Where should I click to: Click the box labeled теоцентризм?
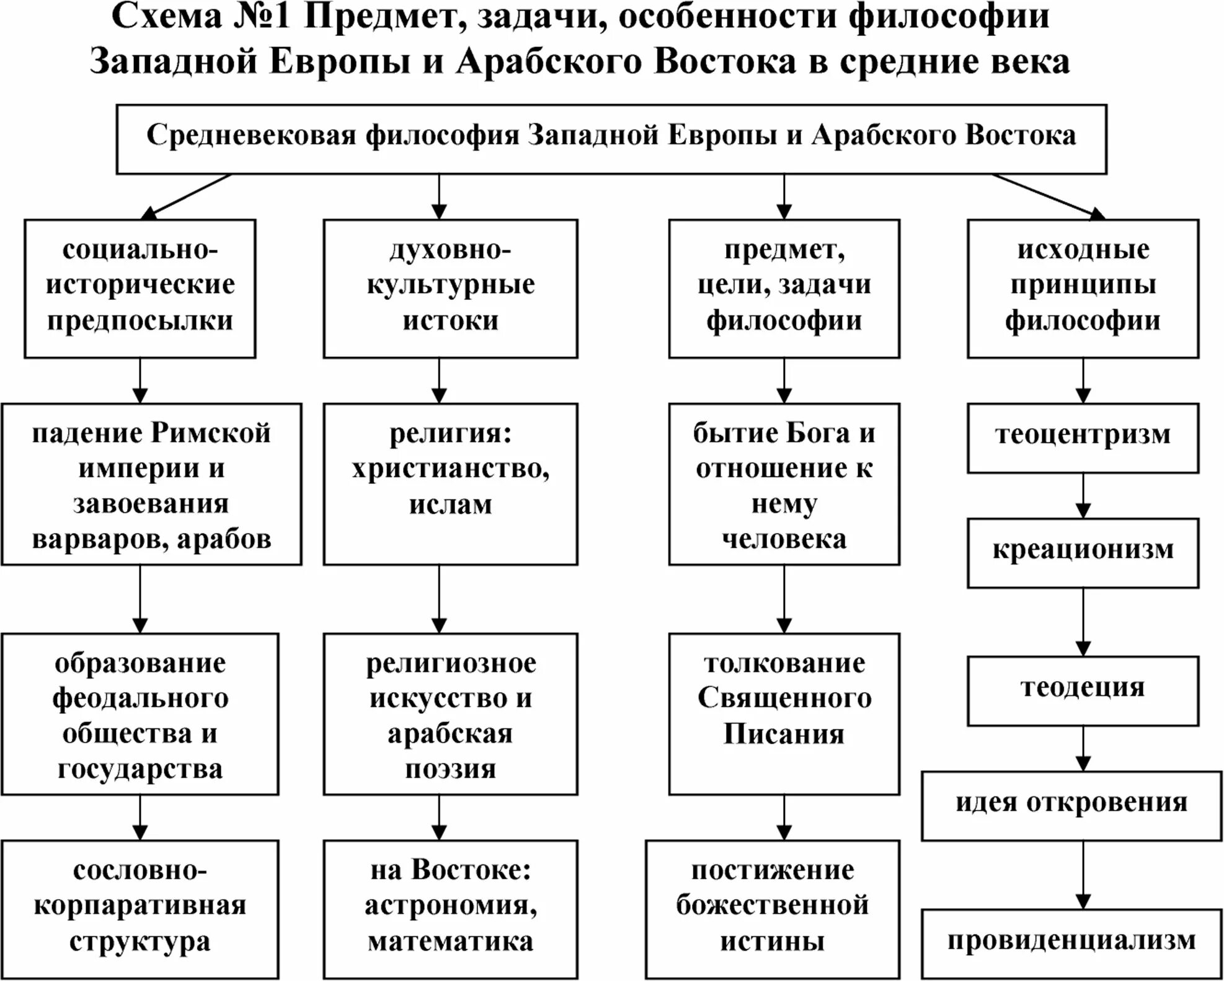coord(1083,438)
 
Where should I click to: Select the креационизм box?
coord(1083,552)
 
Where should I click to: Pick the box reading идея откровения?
coord(1071,805)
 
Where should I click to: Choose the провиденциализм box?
coord(1071,943)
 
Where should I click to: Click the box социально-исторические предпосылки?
coord(140,288)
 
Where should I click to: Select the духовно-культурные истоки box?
coord(450,288)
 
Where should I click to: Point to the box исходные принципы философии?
coord(1083,288)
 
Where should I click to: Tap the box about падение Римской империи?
coord(151,484)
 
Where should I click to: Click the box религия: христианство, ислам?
coord(450,484)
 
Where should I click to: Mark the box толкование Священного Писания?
coord(784,713)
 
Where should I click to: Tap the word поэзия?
coord(450,770)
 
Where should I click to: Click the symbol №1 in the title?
coord(262,17)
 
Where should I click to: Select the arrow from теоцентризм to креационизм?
coord(1083,496)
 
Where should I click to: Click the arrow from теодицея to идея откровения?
coord(1083,749)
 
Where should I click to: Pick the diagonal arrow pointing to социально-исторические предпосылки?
coord(186,196)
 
